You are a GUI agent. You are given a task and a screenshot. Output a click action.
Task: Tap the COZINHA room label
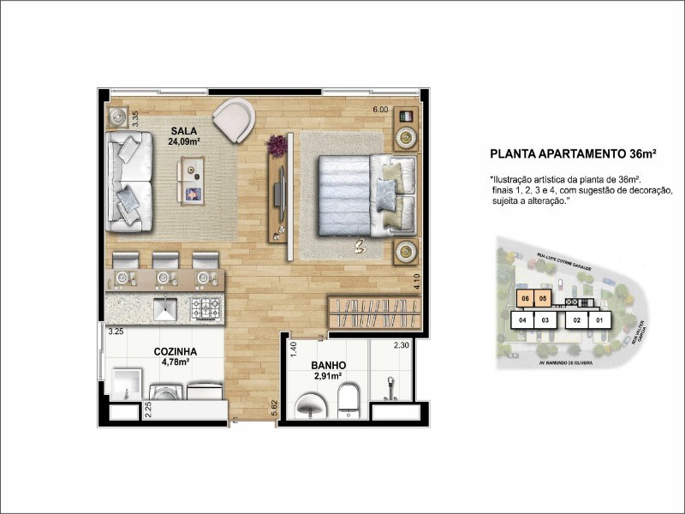pyautogui.click(x=176, y=351)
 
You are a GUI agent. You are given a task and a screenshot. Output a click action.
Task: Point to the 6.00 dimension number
pyautogui.click(x=379, y=110)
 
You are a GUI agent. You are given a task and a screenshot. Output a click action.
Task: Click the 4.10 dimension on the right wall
pyautogui.click(x=415, y=282)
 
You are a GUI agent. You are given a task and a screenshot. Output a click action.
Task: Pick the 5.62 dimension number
pyautogui.click(x=273, y=409)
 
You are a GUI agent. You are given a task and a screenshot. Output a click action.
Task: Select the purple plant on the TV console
pyautogui.click(x=277, y=146)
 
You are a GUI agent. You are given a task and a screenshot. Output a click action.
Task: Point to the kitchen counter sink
pyautogui.click(x=164, y=307)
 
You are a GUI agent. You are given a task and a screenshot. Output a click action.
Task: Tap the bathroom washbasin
pyautogui.click(x=309, y=405)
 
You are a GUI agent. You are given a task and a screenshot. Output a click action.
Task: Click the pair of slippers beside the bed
pyautogui.click(x=360, y=248)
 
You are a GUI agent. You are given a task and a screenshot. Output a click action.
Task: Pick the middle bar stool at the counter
pyautogui.click(x=164, y=262)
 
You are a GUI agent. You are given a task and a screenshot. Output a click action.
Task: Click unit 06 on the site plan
pyautogui.click(x=525, y=299)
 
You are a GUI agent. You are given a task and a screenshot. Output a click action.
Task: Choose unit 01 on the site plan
pyautogui.click(x=600, y=321)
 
